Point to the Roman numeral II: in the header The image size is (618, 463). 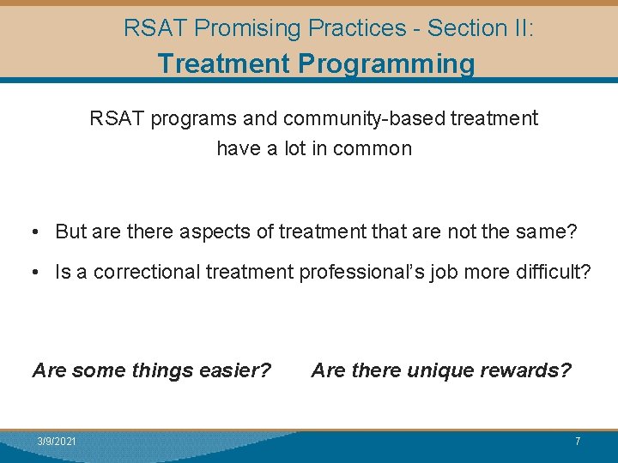pos(520,28)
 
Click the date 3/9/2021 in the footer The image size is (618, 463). pos(57,441)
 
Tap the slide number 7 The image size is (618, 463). pos(578,441)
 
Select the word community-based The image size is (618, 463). pos(367,118)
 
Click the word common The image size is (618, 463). pos(373,148)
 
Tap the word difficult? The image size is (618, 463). pos(554,273)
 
